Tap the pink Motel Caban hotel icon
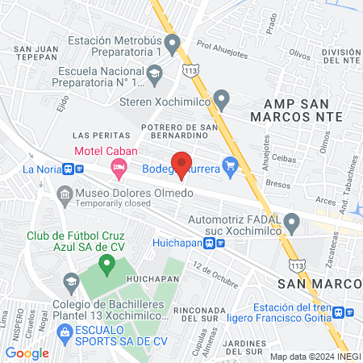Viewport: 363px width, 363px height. coord(119,169)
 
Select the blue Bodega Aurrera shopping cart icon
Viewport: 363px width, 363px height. coord(232,169)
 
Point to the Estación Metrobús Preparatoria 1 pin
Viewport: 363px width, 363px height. coord(170,41)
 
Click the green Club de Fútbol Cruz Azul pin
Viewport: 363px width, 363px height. coord(105,263)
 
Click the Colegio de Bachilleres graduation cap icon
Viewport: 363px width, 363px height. coord(70,281)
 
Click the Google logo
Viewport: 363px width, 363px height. coord(27,353)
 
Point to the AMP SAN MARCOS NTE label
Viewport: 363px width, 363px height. coord(303,109)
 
